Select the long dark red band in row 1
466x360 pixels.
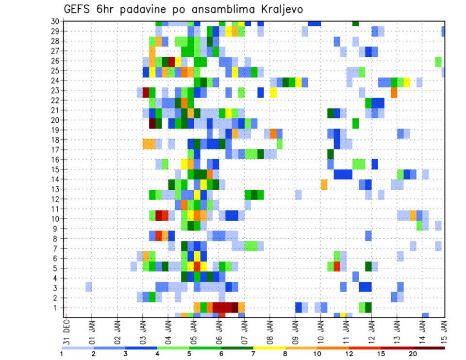pyautogui.click(x=225, y=308)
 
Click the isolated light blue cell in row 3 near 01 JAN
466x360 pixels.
pyautogui.click(x=89, y=288)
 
